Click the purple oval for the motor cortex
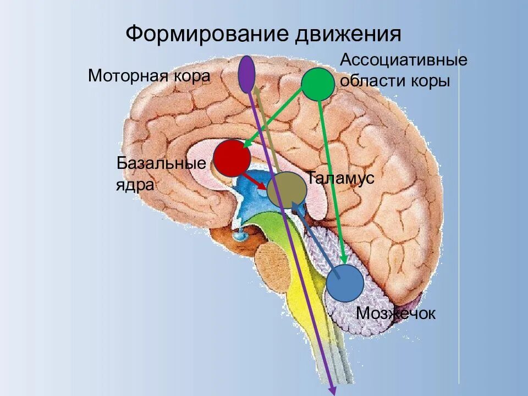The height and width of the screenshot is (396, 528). tap(247, 74)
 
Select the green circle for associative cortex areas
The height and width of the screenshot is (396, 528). tap(317, 84)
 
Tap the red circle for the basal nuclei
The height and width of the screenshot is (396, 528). tap(232, 158)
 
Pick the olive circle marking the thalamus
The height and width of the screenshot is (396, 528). tap(287, 190)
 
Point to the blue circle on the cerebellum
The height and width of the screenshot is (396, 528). tap(345, 283)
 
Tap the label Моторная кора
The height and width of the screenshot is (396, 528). tap(149, 75)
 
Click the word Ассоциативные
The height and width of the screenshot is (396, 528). tap(404, 60)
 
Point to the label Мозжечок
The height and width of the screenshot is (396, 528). tap(395, 313)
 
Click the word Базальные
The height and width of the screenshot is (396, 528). tap(161, 163)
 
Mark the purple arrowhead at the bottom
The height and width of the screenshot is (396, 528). tap(332, 389)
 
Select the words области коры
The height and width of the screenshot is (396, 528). tap(395, 81)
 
